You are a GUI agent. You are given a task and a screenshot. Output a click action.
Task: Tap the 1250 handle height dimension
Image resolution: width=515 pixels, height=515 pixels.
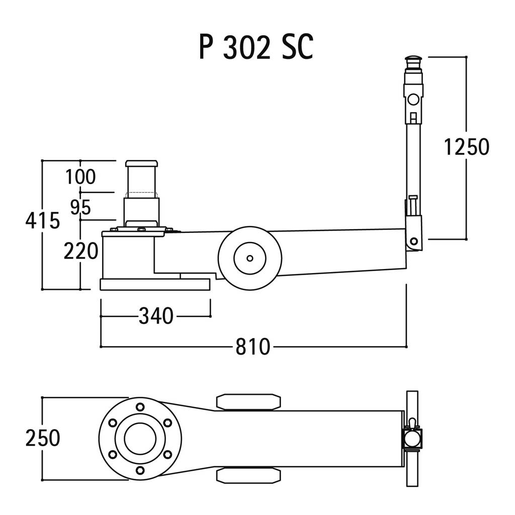[466, 147]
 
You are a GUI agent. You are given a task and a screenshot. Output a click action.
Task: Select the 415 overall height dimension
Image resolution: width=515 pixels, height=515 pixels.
[43, 220]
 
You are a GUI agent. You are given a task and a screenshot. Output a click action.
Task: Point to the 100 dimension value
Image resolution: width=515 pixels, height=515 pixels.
[80, 177]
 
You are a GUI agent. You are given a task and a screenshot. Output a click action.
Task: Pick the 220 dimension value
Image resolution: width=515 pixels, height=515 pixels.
[81, 251]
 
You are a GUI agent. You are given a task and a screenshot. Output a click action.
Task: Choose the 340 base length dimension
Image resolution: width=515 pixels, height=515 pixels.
[156, 316]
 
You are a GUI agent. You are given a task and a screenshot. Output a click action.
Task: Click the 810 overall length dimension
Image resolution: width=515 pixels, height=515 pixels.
[253, 347]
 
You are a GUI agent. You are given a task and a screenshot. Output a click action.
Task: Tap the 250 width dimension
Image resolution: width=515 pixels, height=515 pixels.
[43, 438]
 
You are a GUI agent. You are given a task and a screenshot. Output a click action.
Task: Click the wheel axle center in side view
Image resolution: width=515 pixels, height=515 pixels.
[249, 258]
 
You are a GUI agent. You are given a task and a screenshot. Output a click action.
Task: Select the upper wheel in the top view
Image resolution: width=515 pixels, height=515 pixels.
[248, 402]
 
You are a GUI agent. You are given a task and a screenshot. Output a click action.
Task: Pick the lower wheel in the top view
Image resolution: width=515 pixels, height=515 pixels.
[248, 476]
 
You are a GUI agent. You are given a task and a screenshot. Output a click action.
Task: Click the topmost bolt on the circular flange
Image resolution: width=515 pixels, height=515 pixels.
[140, 407]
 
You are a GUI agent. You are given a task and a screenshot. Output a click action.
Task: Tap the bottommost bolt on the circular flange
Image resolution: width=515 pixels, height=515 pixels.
[140, 470]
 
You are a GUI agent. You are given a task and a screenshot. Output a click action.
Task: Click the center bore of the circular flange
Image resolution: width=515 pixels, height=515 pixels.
[140, 439]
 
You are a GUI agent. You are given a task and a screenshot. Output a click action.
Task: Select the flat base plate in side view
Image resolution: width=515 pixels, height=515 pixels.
[155, 285]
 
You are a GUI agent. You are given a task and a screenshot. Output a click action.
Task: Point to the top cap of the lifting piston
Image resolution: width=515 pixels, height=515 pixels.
[141, 163]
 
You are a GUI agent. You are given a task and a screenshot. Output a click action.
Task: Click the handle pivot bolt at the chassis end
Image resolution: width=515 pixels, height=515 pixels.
[413, 241]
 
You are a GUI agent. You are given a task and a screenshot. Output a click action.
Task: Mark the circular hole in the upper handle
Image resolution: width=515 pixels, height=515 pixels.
[413, 99]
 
